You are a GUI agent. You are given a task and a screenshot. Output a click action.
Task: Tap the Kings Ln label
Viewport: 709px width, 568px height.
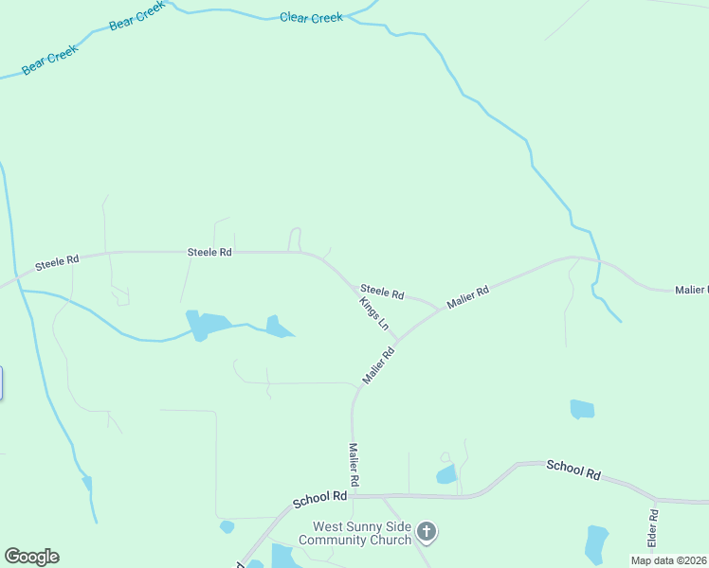(x=374, y=313)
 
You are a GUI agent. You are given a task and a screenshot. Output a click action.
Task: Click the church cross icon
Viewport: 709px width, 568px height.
(x=427, y=532)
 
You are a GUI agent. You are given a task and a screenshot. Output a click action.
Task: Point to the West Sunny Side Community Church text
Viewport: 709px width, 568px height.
(x=354, y=533)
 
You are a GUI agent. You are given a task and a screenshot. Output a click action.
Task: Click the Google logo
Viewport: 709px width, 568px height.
(x=31, y=557)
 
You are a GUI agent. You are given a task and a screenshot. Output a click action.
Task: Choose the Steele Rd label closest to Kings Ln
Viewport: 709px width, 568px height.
(x=382, y=293)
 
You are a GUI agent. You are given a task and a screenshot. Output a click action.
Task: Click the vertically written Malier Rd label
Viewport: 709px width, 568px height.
(x=353, y=465)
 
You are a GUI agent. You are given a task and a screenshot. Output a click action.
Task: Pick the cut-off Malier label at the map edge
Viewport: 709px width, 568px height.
(x=691, y=289)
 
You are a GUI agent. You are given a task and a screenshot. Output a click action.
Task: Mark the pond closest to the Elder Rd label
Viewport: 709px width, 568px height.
(x=596, y=544)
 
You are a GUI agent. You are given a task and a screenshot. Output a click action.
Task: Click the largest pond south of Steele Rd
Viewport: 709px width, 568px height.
(x=207, y=325)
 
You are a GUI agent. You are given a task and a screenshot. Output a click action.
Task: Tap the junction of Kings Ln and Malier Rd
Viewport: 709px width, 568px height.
(x=397, y=340)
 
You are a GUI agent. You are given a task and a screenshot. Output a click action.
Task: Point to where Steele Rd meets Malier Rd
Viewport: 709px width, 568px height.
(x=438, y=309)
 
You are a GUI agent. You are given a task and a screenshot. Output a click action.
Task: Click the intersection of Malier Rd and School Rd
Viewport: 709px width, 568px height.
(x=353, y=495)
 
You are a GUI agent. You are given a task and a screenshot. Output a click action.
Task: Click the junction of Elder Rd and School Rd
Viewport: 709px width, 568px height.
(x=654, y=498)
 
